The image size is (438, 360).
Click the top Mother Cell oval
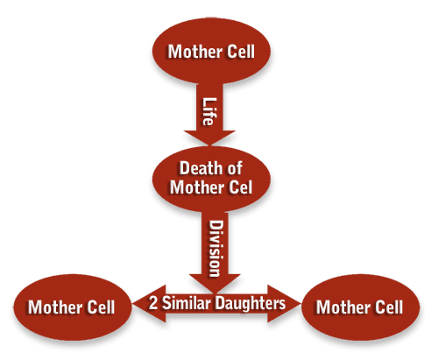pos(211,51)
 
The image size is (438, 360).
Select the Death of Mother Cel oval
pos(211,179)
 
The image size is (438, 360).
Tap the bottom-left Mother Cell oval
pos(73,307)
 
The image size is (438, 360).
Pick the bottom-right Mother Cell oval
pos(360,307)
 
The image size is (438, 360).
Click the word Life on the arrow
pos(209,111)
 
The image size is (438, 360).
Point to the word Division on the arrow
pos(216,249)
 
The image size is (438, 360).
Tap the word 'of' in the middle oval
pos(233,168)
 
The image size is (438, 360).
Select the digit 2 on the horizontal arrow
pos(153,303)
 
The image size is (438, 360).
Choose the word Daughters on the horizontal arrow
pos(251,303)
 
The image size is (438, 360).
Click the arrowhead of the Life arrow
pos(209,138)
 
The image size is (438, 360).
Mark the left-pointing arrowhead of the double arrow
pos(149,304)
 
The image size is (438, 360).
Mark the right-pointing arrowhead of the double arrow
pos(284,304)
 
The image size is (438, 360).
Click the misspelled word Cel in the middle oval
pos(241,187)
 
